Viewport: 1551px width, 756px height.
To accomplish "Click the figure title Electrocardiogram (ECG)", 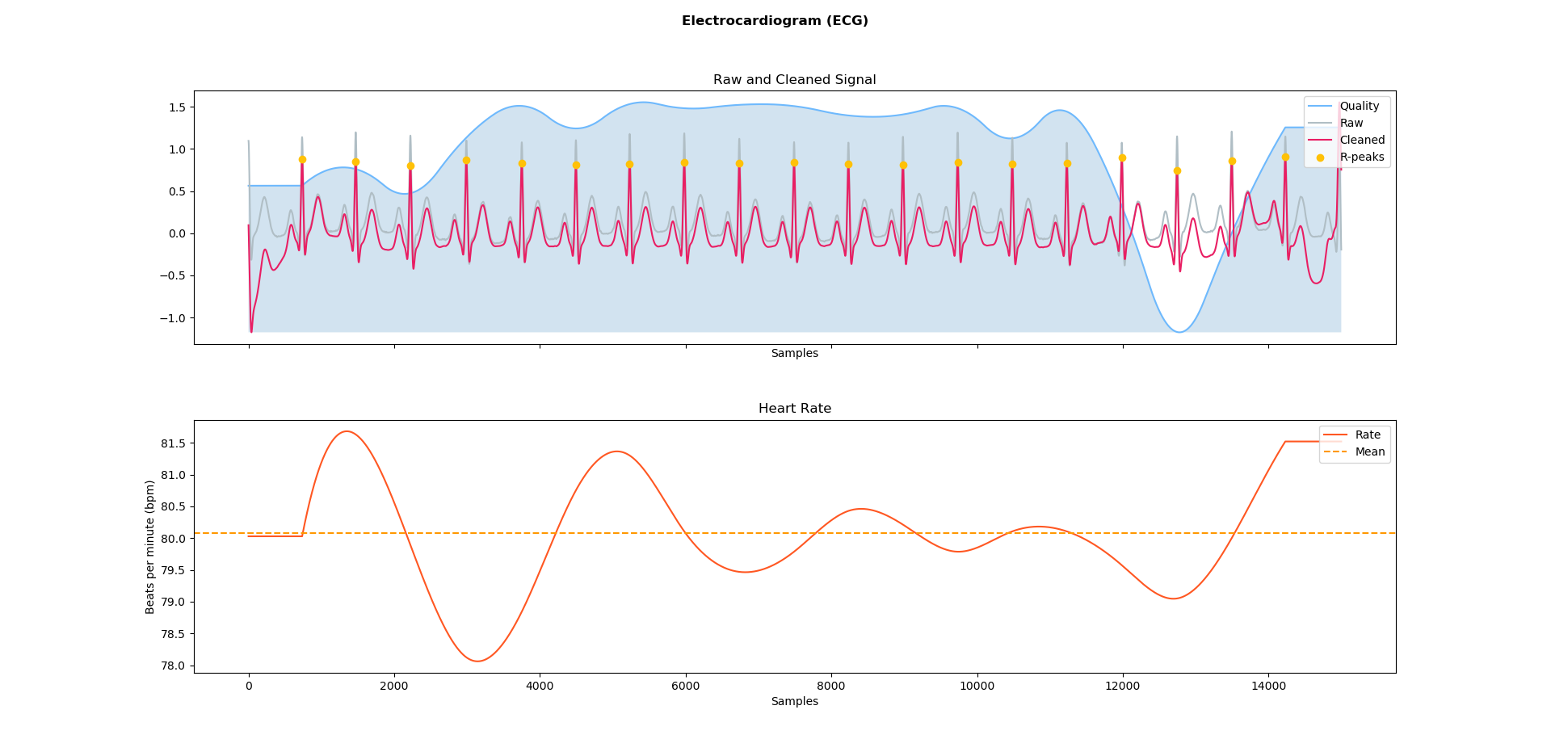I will pos(775,21).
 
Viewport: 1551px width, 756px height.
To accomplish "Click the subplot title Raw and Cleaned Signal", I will pos(794,80).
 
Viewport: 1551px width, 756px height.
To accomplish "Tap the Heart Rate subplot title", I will pos(794,409).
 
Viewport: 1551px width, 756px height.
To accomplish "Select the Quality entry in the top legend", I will pos(1360,107).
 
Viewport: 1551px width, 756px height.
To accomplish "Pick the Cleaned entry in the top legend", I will pos(1362,141).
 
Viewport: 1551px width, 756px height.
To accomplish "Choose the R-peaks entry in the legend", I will pos(1362,157).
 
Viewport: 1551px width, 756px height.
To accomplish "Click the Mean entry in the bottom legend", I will pos(1369,452).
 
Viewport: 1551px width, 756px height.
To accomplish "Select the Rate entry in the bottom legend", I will pos(1367,435).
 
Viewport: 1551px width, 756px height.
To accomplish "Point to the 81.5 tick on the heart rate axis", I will pos(172,443).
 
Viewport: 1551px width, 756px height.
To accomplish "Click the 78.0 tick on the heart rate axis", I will pos(172,666).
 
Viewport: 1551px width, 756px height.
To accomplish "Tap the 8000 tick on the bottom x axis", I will pos(831,686).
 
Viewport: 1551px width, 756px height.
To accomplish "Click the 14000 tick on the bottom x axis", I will pos(1268,686).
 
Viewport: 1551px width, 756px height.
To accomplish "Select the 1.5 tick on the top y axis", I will pos(177,107).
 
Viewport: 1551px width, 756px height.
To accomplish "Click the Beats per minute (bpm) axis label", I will pos(150,547).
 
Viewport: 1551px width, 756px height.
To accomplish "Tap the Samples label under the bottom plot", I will pos(794,702).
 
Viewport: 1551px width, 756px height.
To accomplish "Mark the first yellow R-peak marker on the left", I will pos(302,160).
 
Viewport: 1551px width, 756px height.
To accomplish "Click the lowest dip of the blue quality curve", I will pos(1179,332).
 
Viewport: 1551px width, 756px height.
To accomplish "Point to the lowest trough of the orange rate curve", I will pos(477,661).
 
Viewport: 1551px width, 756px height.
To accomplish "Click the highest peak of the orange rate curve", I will pos(347,431).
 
